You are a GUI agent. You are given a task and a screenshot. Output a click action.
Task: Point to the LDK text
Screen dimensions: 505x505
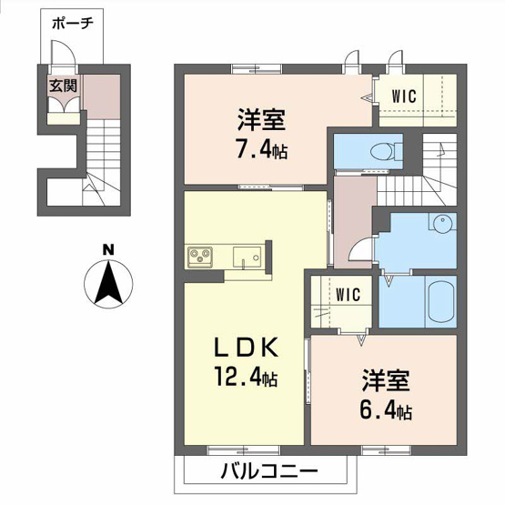244,348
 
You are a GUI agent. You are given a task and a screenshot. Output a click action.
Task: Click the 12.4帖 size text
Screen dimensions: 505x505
246,377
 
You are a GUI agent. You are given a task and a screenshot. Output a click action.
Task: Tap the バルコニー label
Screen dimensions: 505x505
268,472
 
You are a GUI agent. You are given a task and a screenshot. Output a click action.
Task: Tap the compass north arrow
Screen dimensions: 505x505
108,282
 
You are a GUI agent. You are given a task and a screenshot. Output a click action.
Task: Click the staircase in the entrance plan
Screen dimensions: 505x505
101,159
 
